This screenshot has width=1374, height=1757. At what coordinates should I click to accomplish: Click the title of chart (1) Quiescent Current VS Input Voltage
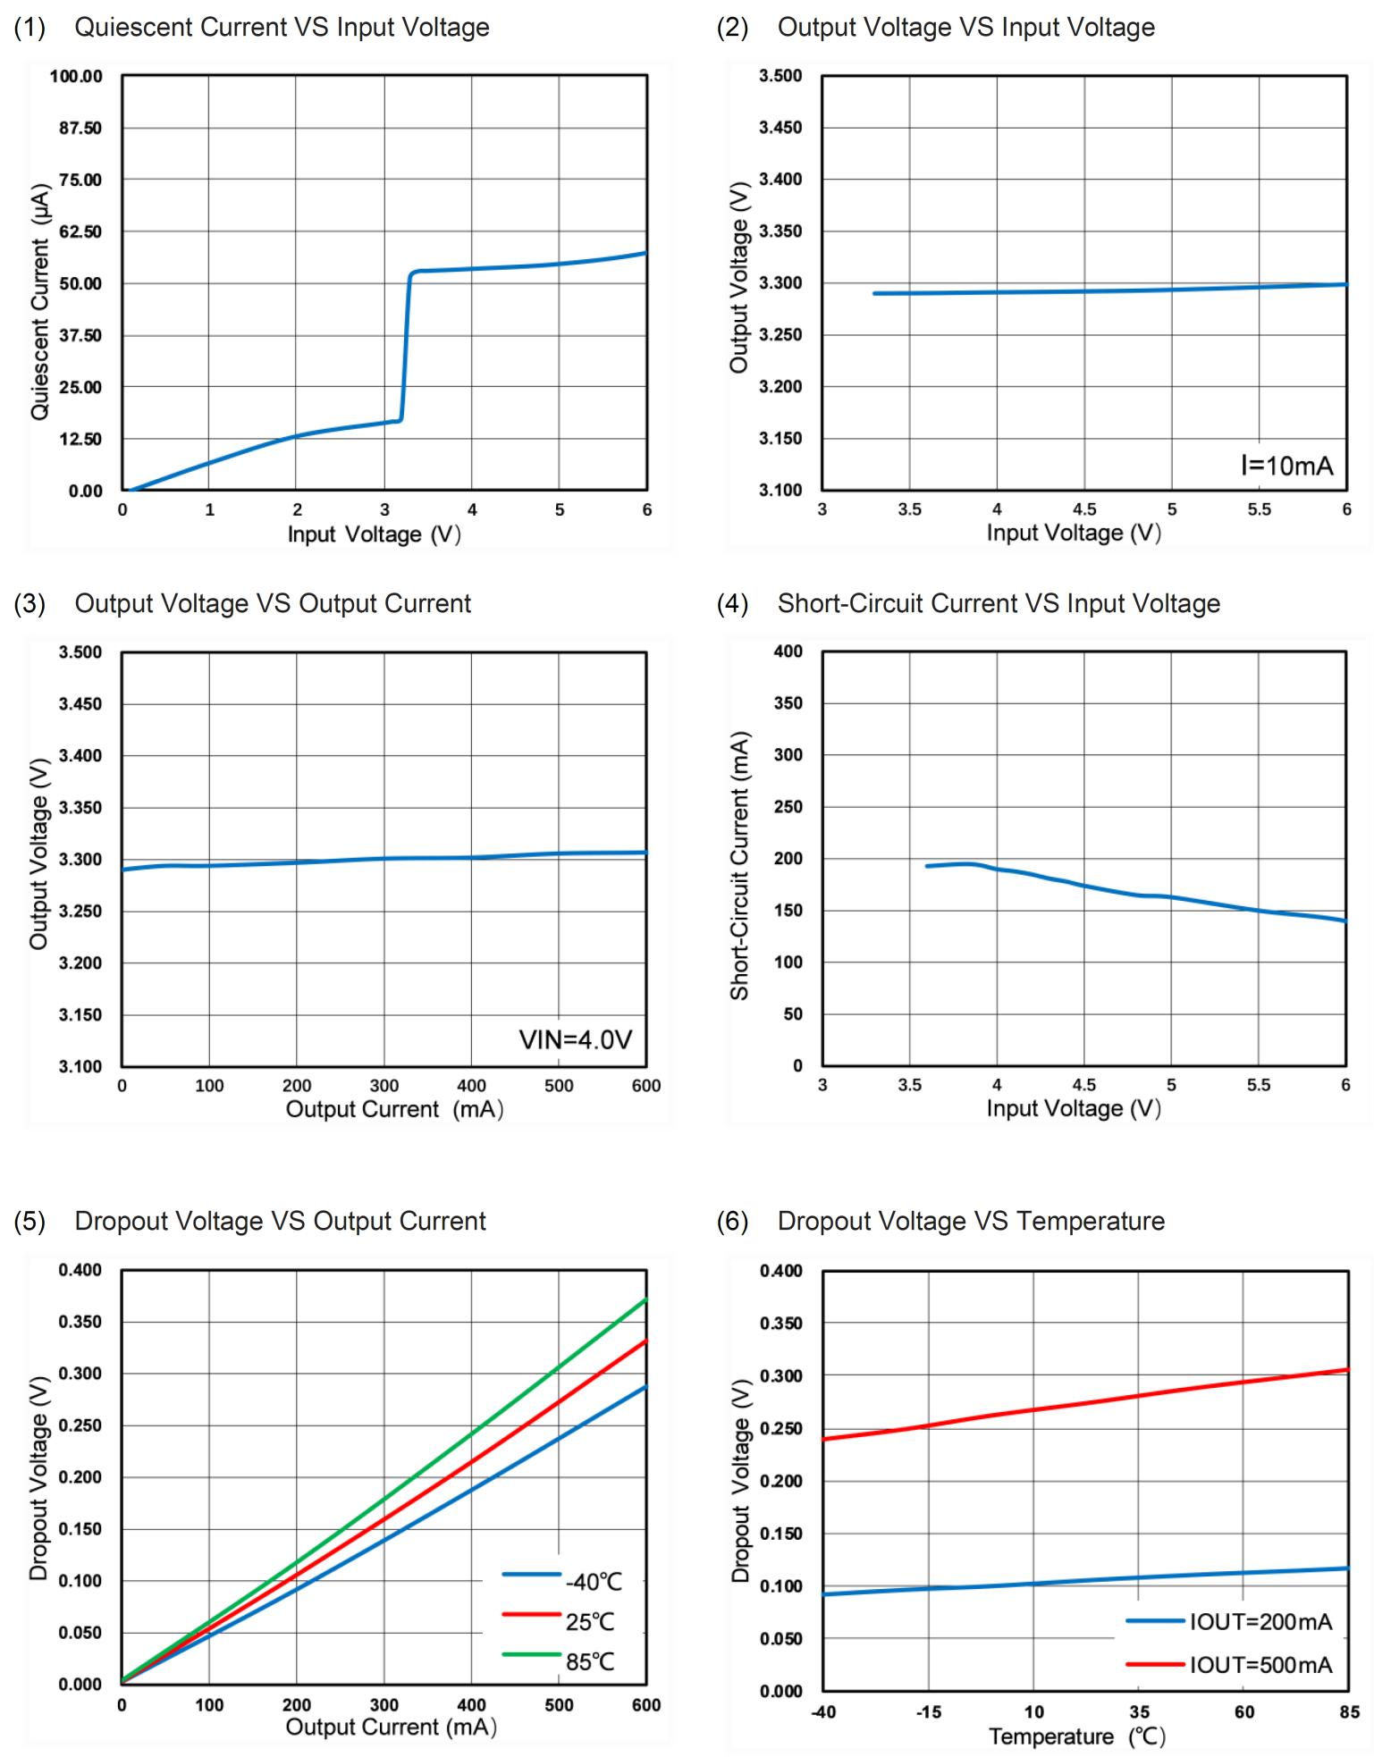[x=282, y=28]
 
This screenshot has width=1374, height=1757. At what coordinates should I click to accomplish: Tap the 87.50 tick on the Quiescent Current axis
[x=80, y=128]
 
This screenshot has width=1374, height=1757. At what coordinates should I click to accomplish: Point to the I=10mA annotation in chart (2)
[x=1286, y=466]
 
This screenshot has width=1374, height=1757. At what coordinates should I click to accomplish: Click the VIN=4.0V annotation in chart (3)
[x=576, y=1039]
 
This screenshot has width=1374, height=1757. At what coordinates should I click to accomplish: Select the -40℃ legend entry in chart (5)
[x=593, y=1582]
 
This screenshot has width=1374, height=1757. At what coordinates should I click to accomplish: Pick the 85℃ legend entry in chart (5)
[x=590, y=1661]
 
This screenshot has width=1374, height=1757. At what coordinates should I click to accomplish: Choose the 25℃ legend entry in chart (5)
[x=590, y=1622]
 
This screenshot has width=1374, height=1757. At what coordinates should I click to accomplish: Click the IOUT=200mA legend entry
[x=1260, y=1622]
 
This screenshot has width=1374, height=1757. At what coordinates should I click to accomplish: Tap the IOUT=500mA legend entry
[x=1260, y=1665]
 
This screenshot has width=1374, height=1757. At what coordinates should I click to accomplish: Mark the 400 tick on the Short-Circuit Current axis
[x=788, y=652]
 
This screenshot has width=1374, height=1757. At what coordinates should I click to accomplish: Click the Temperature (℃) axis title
[x=1077, y=1736]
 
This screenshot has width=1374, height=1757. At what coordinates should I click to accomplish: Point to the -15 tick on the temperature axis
[x=928, y=1712]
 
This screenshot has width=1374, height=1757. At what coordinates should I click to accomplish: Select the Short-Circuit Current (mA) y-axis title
[x=739, y=865]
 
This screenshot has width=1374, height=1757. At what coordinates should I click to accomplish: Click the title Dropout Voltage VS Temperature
[x=971, y=1222]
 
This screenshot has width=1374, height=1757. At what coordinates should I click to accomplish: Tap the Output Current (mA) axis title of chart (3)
[x=394, y=1109]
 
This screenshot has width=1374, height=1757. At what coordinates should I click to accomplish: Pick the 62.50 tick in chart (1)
[x=80, y=231]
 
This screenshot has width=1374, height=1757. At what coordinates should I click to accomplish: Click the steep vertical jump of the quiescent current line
[x=406, y=349]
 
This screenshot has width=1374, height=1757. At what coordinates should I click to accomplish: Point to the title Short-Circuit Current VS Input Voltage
[x=999, y=604]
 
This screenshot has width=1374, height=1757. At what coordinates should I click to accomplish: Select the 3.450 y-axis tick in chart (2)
[x=780, y=128]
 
